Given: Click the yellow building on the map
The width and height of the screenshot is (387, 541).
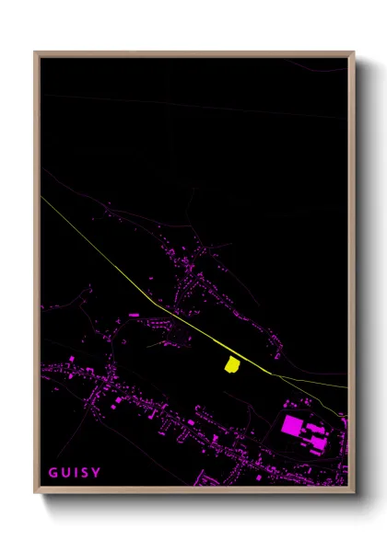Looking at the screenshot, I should click(231, 364).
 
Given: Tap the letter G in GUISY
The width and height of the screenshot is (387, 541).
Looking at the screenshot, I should click(53, 473).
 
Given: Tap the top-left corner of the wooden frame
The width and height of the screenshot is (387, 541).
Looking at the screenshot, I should click(35, 52).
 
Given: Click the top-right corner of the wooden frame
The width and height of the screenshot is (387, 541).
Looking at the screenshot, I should click(354, 52).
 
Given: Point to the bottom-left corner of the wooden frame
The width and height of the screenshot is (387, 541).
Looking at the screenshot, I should click(35, 495).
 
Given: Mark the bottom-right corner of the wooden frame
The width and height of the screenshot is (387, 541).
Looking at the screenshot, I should click(354, 495).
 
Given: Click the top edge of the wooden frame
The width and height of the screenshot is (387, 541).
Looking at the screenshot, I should click(194, 53).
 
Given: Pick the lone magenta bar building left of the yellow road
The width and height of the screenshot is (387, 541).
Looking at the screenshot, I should click(135, 315).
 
